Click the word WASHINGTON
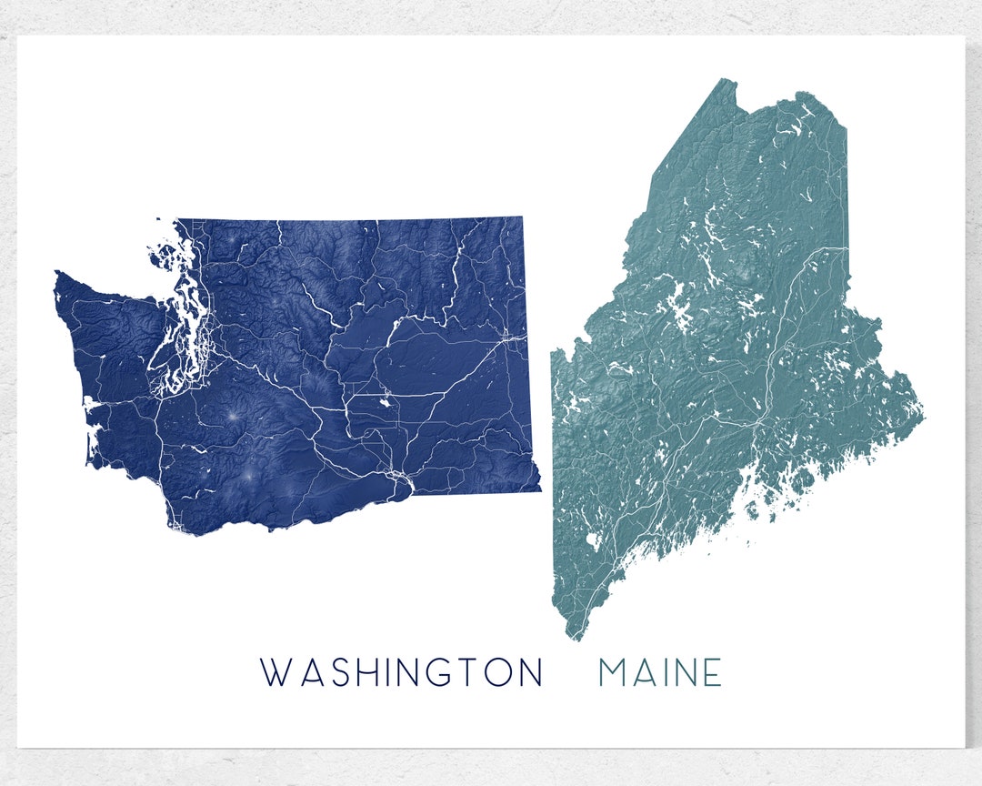point(401,672)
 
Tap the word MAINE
point(660,672)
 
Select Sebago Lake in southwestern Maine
point(593,543)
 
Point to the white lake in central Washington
point(386,398)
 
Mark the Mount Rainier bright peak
point(232,416)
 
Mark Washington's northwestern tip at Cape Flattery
point(56,273)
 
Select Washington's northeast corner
point(522,218)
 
